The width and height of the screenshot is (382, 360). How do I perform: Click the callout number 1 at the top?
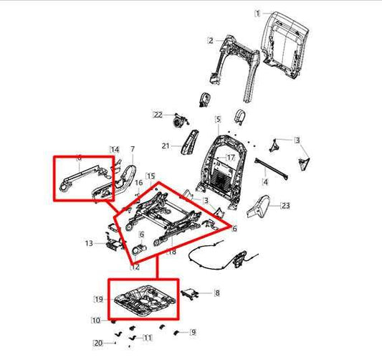259,13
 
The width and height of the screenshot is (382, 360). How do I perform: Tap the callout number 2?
211,40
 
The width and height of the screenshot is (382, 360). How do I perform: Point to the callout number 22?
158,115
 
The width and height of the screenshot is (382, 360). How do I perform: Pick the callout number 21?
164,146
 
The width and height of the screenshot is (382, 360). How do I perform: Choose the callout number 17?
231,158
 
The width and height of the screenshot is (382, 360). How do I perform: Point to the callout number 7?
132,149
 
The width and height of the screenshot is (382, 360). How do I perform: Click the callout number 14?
114,149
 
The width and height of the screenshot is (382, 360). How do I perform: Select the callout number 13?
88,244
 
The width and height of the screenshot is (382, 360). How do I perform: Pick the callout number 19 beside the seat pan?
99,298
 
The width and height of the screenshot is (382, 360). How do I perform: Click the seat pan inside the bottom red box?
143,298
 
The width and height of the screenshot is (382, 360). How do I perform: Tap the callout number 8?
218,293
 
